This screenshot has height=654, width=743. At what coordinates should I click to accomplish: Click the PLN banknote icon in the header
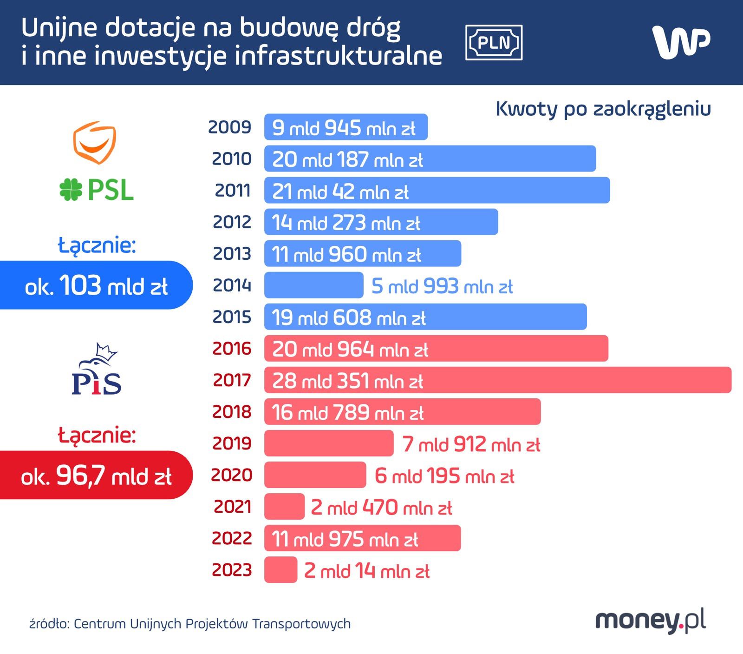(494, 43)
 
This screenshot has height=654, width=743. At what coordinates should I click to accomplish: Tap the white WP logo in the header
(681, 42)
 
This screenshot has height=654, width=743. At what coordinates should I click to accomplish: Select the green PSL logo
(97, 190)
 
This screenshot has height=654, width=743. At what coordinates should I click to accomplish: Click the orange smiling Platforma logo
(94, 142)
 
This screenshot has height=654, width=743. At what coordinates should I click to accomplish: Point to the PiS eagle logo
(97, 370)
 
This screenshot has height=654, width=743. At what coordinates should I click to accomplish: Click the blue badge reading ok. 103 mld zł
(96, 285)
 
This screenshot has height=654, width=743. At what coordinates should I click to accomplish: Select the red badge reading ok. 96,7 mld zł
(96, 475)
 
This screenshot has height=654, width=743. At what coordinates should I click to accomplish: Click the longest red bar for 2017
(497, 380)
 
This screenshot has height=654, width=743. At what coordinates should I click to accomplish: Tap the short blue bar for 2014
(313, 285)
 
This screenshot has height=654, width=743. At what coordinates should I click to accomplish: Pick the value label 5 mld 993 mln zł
(442, 286)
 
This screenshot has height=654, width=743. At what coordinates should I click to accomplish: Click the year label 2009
(229, 127)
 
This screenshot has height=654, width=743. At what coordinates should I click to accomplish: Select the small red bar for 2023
(280, 569)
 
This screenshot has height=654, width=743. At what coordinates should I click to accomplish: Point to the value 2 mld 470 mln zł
(381, 507)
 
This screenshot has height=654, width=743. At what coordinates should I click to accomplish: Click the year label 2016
(232, 348)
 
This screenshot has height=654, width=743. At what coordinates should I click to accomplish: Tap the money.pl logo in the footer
(650, 621)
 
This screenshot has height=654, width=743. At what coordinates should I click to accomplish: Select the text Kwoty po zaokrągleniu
(603, 109)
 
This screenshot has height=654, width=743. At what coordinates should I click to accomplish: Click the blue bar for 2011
(437, 190)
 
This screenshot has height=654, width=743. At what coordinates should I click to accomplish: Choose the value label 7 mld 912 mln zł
(471, 444)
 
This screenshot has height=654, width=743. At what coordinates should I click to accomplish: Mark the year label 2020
(231, 475)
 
